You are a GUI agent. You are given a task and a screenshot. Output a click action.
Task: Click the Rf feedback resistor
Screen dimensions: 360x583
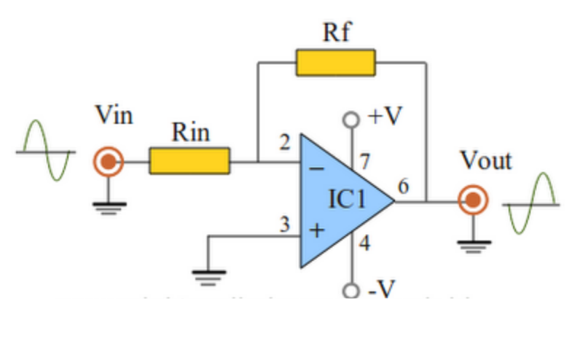(x=335, y=63)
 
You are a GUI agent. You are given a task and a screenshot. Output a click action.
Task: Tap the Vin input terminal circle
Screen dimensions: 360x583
(x=108, y=161)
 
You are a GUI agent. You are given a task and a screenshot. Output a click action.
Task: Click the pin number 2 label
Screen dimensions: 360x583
(x=286, y=144)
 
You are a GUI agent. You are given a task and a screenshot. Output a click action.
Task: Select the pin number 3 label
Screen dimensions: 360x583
(x=286, y=224)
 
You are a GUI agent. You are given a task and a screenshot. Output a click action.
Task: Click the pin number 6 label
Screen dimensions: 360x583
(x=402, y=187)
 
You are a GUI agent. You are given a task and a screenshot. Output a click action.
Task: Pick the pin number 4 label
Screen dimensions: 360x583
(x=365, y=244)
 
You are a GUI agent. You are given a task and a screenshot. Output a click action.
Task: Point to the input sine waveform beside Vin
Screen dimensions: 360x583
(x=47, y=152)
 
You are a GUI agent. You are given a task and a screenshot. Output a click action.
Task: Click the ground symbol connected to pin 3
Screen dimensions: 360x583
(x=209, y=275)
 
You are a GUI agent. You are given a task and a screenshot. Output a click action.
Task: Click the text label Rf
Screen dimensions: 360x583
(x=336, y=33)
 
